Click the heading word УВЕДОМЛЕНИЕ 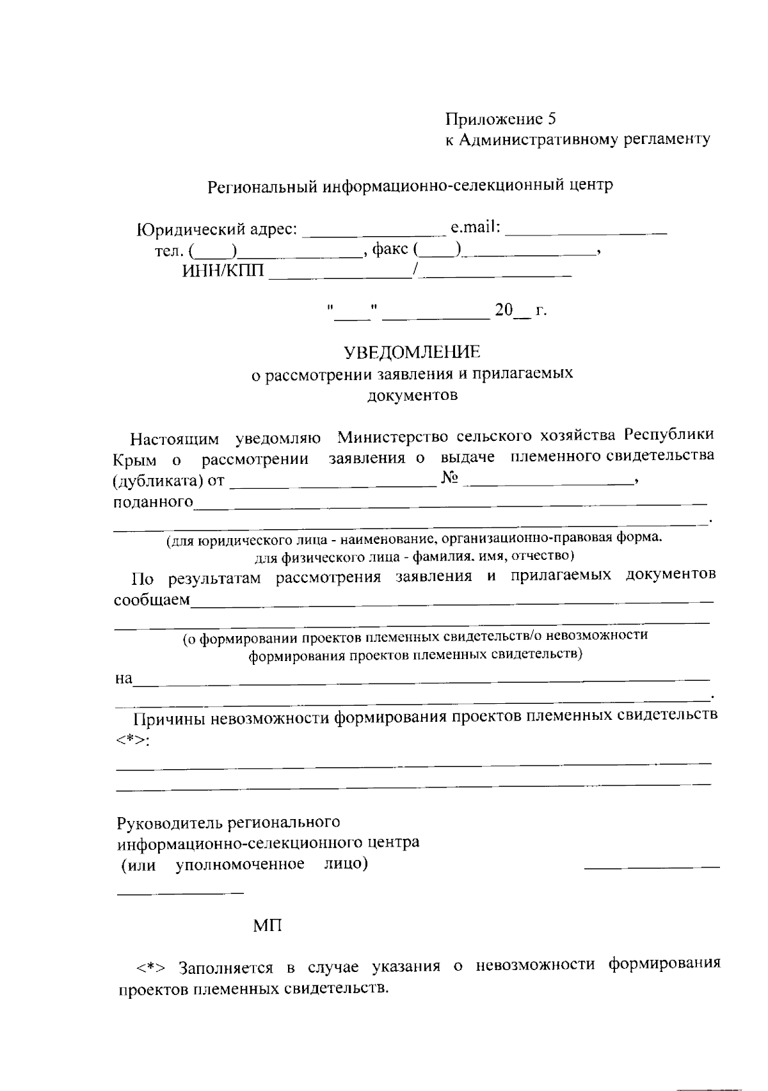412,352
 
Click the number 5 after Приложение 552,119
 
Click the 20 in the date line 504,311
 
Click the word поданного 152,502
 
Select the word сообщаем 152,600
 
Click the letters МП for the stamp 268,925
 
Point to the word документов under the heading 412,395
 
